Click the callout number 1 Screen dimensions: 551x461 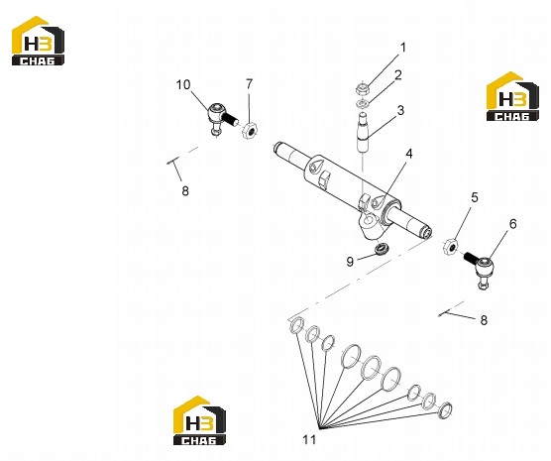click(x=403, y=48)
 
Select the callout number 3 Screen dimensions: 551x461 click(x=400, y=110)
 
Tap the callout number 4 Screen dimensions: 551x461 click(x=408, y=154)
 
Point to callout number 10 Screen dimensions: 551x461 click(x=183, y=84)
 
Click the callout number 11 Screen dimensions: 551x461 click(x=309, y=439)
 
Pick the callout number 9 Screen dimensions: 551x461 click(x=350, y=262)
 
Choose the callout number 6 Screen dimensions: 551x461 click(x=513, y=224)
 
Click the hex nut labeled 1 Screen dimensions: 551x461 click(x=362, y=88)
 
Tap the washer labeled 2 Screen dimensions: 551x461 click(x=362, y=104)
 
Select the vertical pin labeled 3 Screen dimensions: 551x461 click(x=363, y=133)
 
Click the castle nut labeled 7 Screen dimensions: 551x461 click(x=250, y=131)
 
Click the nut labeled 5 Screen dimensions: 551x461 click(x=451, y=247)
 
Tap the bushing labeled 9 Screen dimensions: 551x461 click(x=381, y=249)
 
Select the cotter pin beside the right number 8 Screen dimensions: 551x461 click(x=445, y=312)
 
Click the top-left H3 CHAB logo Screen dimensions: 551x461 click(x=38, y=41)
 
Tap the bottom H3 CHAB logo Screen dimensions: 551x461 click(x=199, y=420)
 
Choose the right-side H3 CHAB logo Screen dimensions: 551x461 click(x=512, y=97)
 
